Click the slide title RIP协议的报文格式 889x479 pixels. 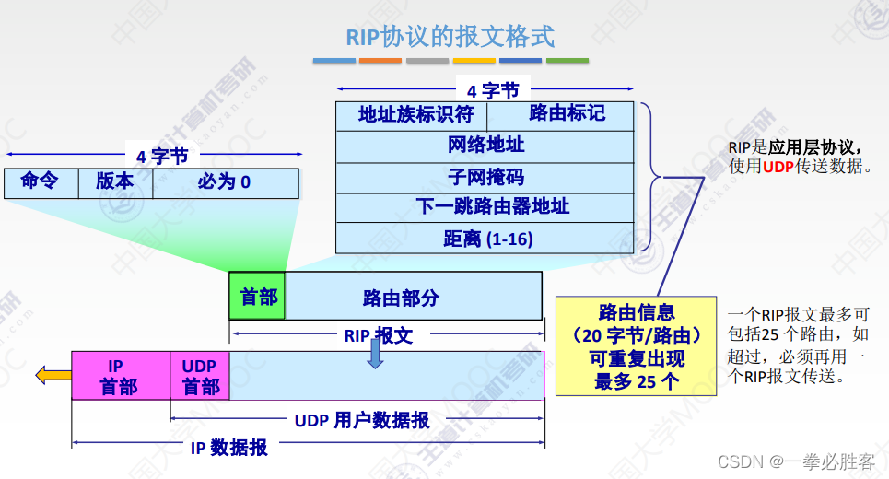click(x=450, y=38)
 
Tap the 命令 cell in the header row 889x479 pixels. click(x=41, y=183)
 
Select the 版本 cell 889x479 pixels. click(x=116, y=183)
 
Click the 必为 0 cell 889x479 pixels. click(x=226, y=183)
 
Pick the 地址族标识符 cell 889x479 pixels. click(x=412, y=116)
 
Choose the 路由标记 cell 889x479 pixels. click(x=560, y=116)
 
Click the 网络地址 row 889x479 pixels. click(x=485, y=146)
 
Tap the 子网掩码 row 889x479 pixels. click(x=485, y=178)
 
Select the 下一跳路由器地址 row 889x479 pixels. click(x=485, y=207)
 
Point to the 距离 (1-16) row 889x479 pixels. click(x=485, y=238)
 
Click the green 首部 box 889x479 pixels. click(x=257, y=296)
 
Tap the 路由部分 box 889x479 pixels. click(x=414, y=296)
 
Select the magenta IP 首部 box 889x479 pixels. click(x=121, y=376)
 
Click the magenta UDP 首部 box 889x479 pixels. click(x=200, y=376)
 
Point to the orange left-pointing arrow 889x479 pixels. click(x=53, y=375)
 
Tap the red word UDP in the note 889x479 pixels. click(x=778, y=167)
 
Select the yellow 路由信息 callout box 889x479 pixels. click(x=636, y=345)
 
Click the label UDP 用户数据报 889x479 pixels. click(x=362, y=421)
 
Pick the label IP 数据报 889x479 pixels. click(x=228, y=448)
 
